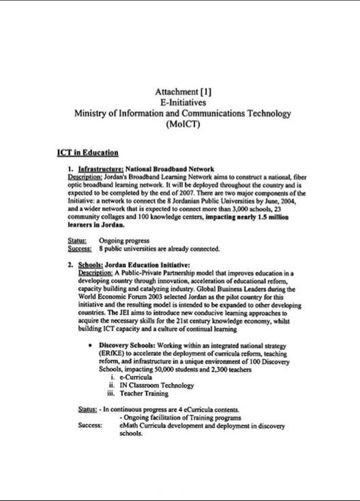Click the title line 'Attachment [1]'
coord(183,92)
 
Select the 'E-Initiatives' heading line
coord(183,102)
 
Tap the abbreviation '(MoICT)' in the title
coord(183,124)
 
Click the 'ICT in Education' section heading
coord(88,153)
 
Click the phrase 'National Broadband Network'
coord(170,169)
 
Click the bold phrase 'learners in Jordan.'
coord(96,225)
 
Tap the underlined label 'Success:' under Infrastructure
coord(80,249)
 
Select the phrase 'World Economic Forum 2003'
coord(114,297)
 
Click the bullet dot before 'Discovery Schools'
coord(89,346)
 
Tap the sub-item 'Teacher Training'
coord(144,393)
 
